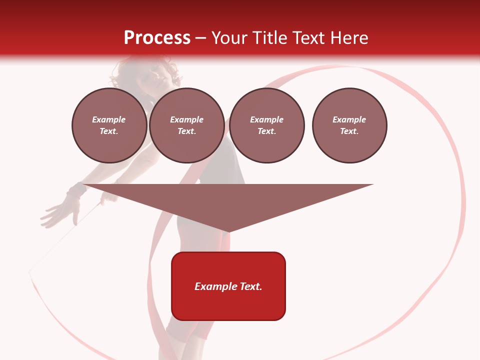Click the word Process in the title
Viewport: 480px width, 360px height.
coord(157,37)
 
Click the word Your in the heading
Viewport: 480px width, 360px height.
coord(230,38)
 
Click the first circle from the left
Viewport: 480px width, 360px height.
coord(109,125)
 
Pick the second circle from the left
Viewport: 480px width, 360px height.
coord(186,125)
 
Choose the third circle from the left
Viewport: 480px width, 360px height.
coord(266,125)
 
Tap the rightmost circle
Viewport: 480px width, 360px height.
coord(349,125)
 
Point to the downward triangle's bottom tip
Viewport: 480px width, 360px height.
coord(228,231)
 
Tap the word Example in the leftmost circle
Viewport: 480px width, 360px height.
coord(109,119)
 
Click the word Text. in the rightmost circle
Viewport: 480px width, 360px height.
coord(349,131)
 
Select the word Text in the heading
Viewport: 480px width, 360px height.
coord(307,37)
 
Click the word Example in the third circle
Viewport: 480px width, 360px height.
coord(266,119)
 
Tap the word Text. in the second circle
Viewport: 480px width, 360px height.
coord(186,131)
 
